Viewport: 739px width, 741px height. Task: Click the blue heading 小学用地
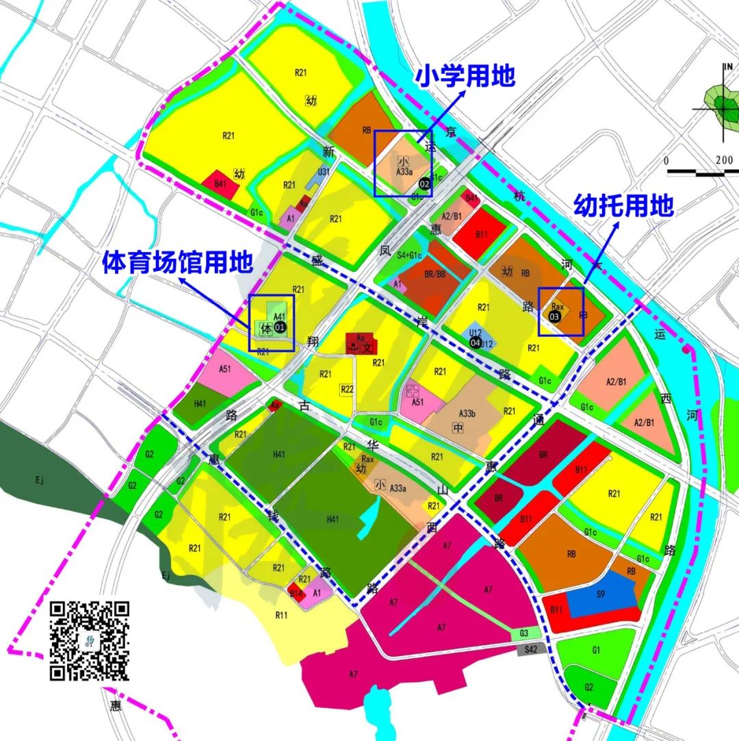pos(465,76)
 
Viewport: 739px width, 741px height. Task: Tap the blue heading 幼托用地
pos(623,205)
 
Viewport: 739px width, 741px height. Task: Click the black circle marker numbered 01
pos(279,327)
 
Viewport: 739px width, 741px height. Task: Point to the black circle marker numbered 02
pos(424,184)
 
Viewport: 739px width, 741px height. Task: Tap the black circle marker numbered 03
pos(555,316)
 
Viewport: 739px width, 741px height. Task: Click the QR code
pos(90,640)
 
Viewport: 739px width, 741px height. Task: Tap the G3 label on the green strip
pos(524,633)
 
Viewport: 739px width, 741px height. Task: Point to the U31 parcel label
pos(324,171)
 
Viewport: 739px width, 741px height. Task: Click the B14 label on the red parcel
pos(296,594)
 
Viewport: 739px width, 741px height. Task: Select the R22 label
pos(348,389)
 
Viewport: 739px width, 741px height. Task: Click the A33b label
pos(467,413)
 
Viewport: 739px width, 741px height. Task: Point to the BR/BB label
pos(435,273)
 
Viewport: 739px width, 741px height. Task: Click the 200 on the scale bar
pos(725,160)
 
